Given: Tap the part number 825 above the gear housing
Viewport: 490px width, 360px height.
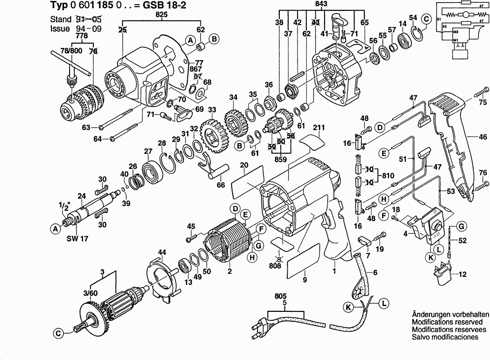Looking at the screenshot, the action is [161, 14].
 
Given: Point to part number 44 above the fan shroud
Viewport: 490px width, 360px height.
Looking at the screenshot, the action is [162, 252].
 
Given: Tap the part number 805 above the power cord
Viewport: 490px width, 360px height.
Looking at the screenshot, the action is [281, 296].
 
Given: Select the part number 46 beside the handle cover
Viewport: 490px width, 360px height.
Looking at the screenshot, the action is [483, 137].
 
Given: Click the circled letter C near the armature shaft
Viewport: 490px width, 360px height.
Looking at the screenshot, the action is [58, 334].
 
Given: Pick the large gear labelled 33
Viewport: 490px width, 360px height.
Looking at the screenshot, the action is [213, 137].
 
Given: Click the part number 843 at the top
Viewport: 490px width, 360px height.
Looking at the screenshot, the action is [321, 3].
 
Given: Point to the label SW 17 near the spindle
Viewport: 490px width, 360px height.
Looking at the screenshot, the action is [78, 238].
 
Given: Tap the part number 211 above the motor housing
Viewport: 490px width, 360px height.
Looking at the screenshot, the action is [319, 128].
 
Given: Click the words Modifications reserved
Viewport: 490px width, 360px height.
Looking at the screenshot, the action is [447, 322].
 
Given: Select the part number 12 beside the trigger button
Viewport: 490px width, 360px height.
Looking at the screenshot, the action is [462, 274].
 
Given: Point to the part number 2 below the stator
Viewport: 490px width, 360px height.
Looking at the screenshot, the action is [230, 271].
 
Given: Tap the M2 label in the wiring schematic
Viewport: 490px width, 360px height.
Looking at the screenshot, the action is [455, 32].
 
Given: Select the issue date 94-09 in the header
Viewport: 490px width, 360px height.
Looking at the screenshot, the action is [88, 29].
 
